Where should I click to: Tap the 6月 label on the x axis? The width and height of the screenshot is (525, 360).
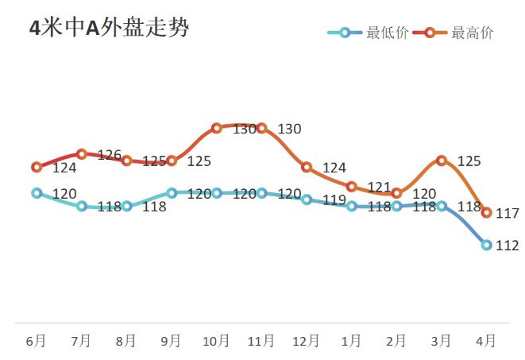pos(36,340)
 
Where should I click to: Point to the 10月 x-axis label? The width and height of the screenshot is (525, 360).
pos(216,340)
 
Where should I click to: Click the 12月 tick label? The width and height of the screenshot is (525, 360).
pos(307,340)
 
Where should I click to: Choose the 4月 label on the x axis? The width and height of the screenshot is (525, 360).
pos(486,340)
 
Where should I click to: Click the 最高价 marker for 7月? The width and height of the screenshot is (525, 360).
pos(81,154)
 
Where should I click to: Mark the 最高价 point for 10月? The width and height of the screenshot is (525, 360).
pos(217,128)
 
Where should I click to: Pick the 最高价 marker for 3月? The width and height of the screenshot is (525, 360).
pos(442,161)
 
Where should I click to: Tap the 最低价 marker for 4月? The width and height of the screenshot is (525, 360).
pos(487,245)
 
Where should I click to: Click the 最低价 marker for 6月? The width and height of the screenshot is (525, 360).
pos(37,193)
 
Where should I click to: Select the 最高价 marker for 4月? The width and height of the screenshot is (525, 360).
pos(487,212)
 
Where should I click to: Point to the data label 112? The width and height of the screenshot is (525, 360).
pos(507,246)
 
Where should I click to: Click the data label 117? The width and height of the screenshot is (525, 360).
pos(507,214)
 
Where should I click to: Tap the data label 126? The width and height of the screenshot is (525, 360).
pos(109,155)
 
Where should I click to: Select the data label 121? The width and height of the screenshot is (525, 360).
pos(380,188)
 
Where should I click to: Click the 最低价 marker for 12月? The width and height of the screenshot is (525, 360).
pos(307,199)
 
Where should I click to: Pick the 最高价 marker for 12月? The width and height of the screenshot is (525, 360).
pos(307,167)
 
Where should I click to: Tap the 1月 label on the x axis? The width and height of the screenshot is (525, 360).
pos(351,340)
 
